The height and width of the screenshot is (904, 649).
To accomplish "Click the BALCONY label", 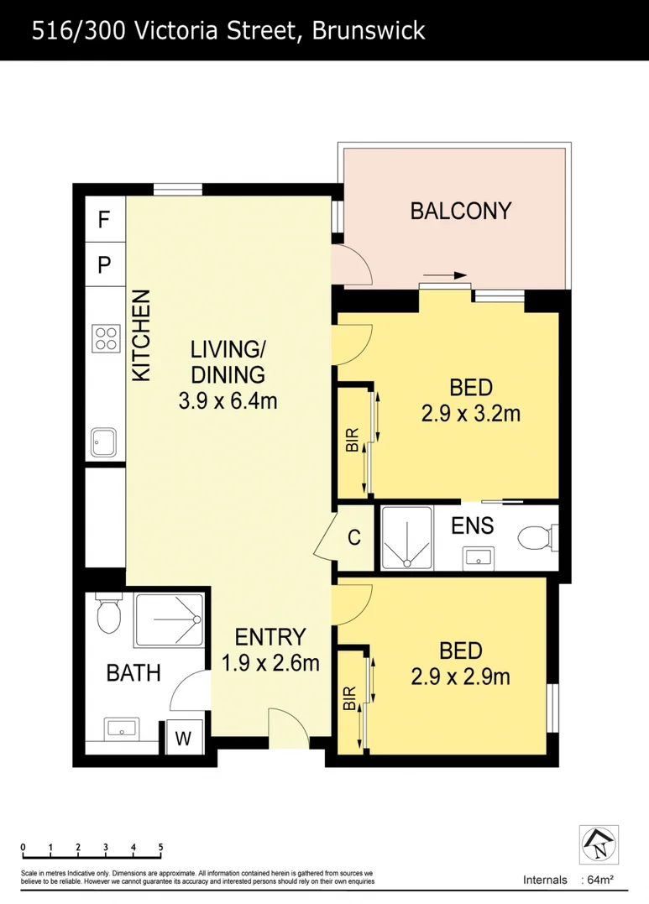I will click(460, 211).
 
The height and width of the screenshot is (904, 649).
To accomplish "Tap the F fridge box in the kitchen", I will click(104, 220).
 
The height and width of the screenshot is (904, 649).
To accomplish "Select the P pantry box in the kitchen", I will click(104, 265).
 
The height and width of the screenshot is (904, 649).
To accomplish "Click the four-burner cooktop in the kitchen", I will click(106, 338).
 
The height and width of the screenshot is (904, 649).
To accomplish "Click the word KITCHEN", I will click(141, 336).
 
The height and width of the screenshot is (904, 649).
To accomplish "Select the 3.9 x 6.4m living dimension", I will click(228, 401).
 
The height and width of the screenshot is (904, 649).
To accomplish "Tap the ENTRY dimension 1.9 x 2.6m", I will click(270, 662).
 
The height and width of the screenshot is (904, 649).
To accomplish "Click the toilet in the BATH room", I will click(109, 615).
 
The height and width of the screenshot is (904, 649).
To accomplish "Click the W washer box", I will click(184, 739).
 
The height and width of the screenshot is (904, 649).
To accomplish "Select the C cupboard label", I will click(354, 538).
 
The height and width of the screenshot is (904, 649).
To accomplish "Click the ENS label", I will click(472, 526).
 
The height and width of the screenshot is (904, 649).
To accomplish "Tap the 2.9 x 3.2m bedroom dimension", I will click(470, 413).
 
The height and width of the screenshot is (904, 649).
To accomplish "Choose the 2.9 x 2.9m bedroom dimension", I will click(460, 676).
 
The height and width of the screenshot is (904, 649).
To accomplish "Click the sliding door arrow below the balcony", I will click(444, 275).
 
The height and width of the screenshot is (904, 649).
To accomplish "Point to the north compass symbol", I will click(599, 844).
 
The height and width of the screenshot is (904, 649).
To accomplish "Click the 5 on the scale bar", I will click(160, 846).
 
